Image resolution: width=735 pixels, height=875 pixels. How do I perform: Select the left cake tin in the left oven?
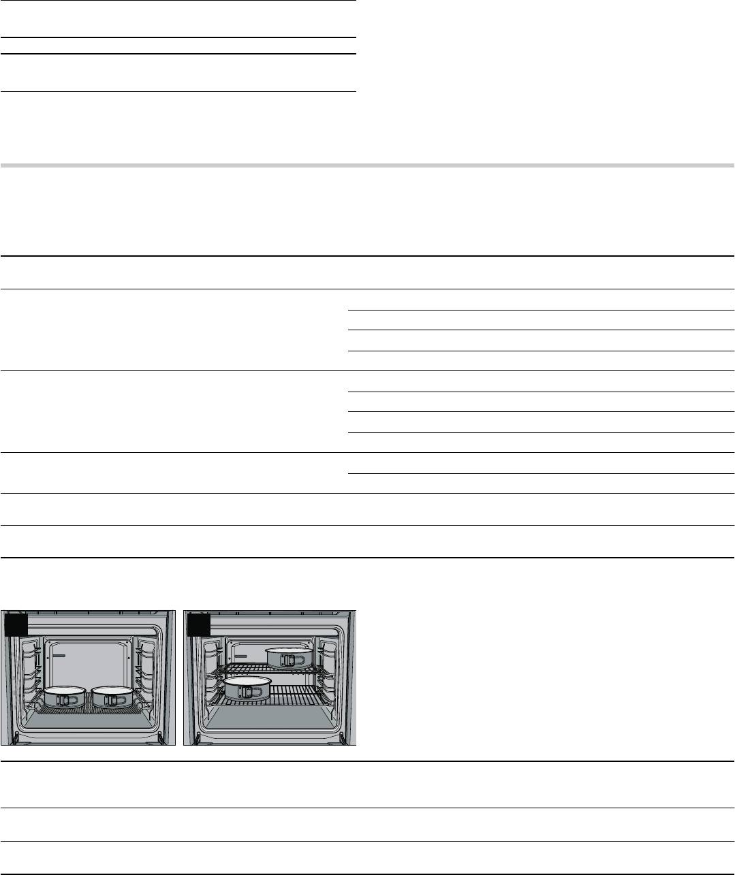click(65, 697)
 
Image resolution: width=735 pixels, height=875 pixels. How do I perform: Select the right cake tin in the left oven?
click(112, 697)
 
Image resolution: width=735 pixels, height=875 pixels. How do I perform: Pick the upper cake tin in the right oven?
click(287, 656)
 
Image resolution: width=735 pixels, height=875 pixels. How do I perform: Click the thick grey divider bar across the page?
click(367, 165)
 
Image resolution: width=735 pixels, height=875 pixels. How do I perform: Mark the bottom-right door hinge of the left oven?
click(161, 737)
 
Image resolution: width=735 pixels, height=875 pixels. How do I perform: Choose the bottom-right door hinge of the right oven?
click(343, 737)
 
